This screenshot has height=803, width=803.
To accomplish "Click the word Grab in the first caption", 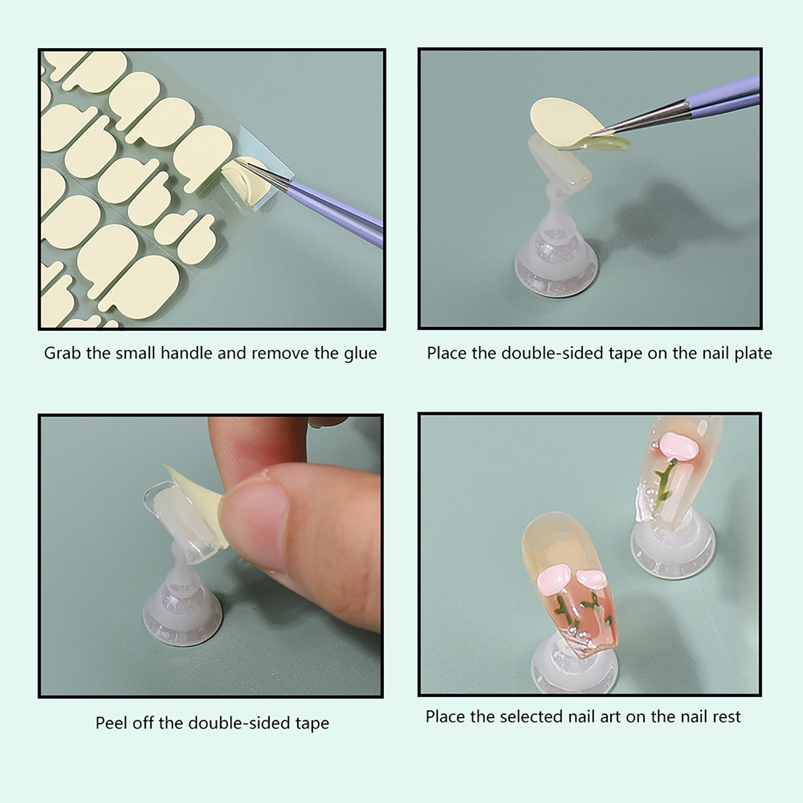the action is point(63,354).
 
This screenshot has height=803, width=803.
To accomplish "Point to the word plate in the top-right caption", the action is point(753,353).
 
